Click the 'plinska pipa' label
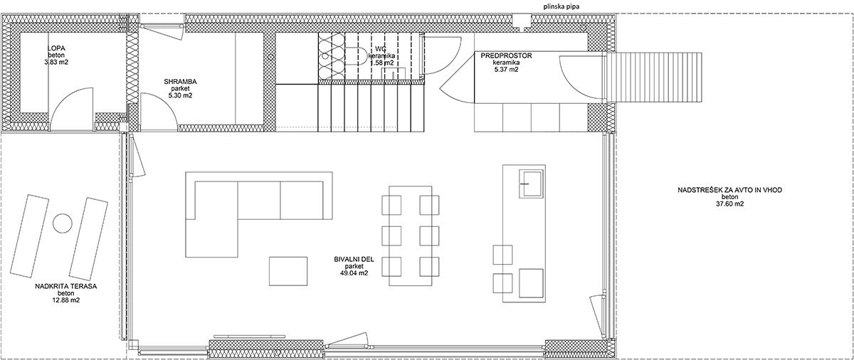(563, 6)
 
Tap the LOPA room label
(56, 48)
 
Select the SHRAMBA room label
(180, 82)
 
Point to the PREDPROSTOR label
(506, 55)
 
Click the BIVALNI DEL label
(354, 260)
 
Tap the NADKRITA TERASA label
(66, 287)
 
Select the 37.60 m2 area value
(729, 203)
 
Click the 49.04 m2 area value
(354, 273)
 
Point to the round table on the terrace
(63, 223)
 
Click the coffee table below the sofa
(288, 271)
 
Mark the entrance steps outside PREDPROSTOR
(654, 78)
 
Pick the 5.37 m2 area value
(505, 69)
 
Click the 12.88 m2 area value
(65, 300)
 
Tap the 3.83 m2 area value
(56, 62)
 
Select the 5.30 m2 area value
(180, 95)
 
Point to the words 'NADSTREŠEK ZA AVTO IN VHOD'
(729, 190)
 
